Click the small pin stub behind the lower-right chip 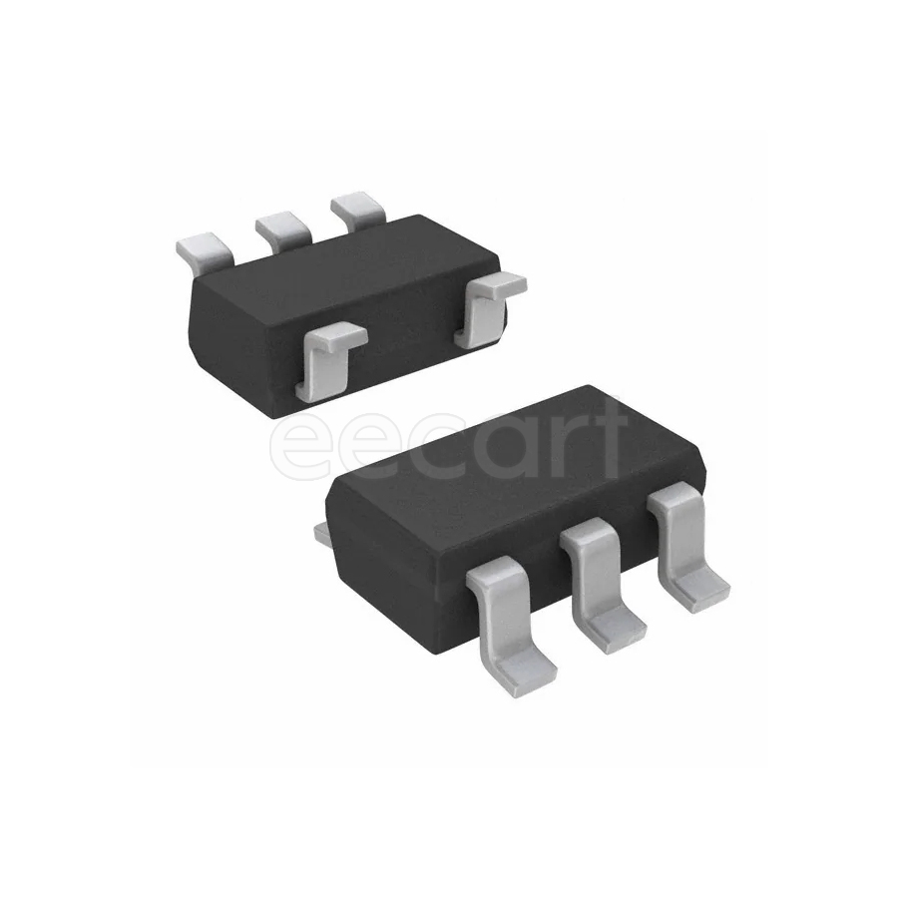(321, 536)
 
